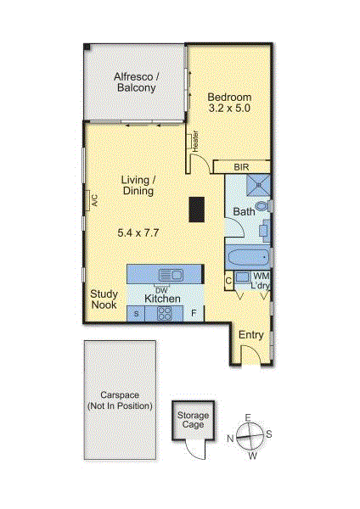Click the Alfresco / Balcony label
coord(136,83)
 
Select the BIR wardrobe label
coord(241,168)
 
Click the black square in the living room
coord(197,209)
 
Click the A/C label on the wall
coord(95,201)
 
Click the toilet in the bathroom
coord(262,206)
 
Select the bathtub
coord(247,256)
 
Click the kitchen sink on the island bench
coord(172,274)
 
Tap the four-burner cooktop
coord(166,314)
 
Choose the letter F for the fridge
coord(194,314)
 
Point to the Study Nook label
coord(104,299)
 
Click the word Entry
coord(250,335)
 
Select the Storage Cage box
coord(193,418)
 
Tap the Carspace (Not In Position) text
coord(120,401)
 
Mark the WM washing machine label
coord(262,277)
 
